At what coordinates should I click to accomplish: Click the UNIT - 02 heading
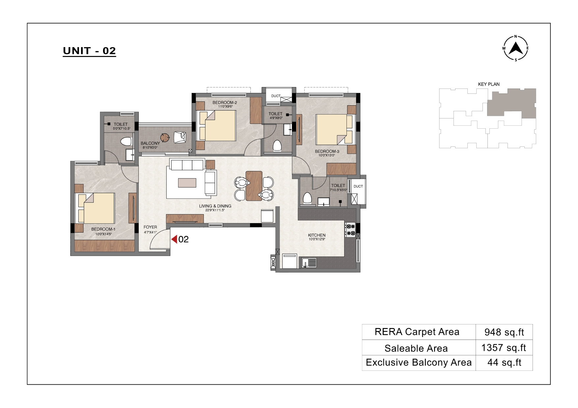pyautogui.click(x=89, y=51)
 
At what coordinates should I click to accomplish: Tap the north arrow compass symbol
pyautogui.click(x=515, y=48)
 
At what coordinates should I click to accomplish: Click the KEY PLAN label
pyautogui.click(x=489, y=84)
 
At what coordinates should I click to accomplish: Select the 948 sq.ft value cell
pyautogui.click(x=504, y=332)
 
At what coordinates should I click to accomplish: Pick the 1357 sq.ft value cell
pyautogui.click(x=504, y=348)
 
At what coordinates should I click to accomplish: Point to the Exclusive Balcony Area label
pyautogui.click(x=419, y=363)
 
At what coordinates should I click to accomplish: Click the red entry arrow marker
pyautogui.click(x=174, y=239)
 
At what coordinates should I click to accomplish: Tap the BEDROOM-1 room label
pyautogui.click(x=103, y=229)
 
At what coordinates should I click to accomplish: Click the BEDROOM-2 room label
pyautogui.click(x=225, y=103)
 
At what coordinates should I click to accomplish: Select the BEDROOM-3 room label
pyautogui.click(x=327, y=152)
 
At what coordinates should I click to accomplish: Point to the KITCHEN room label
pyautogui.click(x=317, y=235)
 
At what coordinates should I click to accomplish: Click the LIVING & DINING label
pyautogui.click(x=215, y=206)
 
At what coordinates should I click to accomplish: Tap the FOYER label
pyautogui.click(x=150, y=227)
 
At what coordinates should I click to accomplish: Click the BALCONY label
pyautogui.click(x=150, y=143)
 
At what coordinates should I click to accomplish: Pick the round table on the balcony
pyautogui.click(x=165, y=138)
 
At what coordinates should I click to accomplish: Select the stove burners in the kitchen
pyautogui.click(x=350, y=230)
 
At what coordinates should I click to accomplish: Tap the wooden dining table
pyautogui.click(x=254, y=186)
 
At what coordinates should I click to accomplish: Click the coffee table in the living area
pyautogui.click(x=187, y=183)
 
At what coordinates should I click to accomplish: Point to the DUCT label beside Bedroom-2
pyautogui.click(x=276, y=96)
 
